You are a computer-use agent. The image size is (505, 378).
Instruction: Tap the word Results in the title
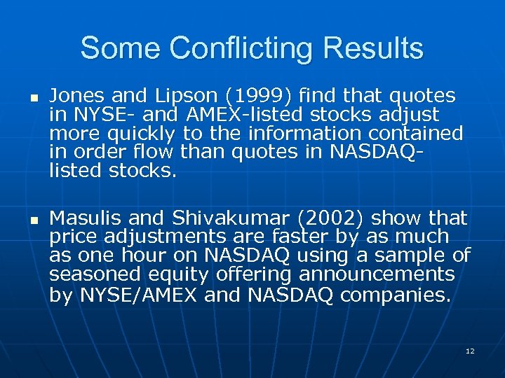(x=372, y=49)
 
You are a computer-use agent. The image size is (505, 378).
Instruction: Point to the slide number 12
(x=470, y=351)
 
